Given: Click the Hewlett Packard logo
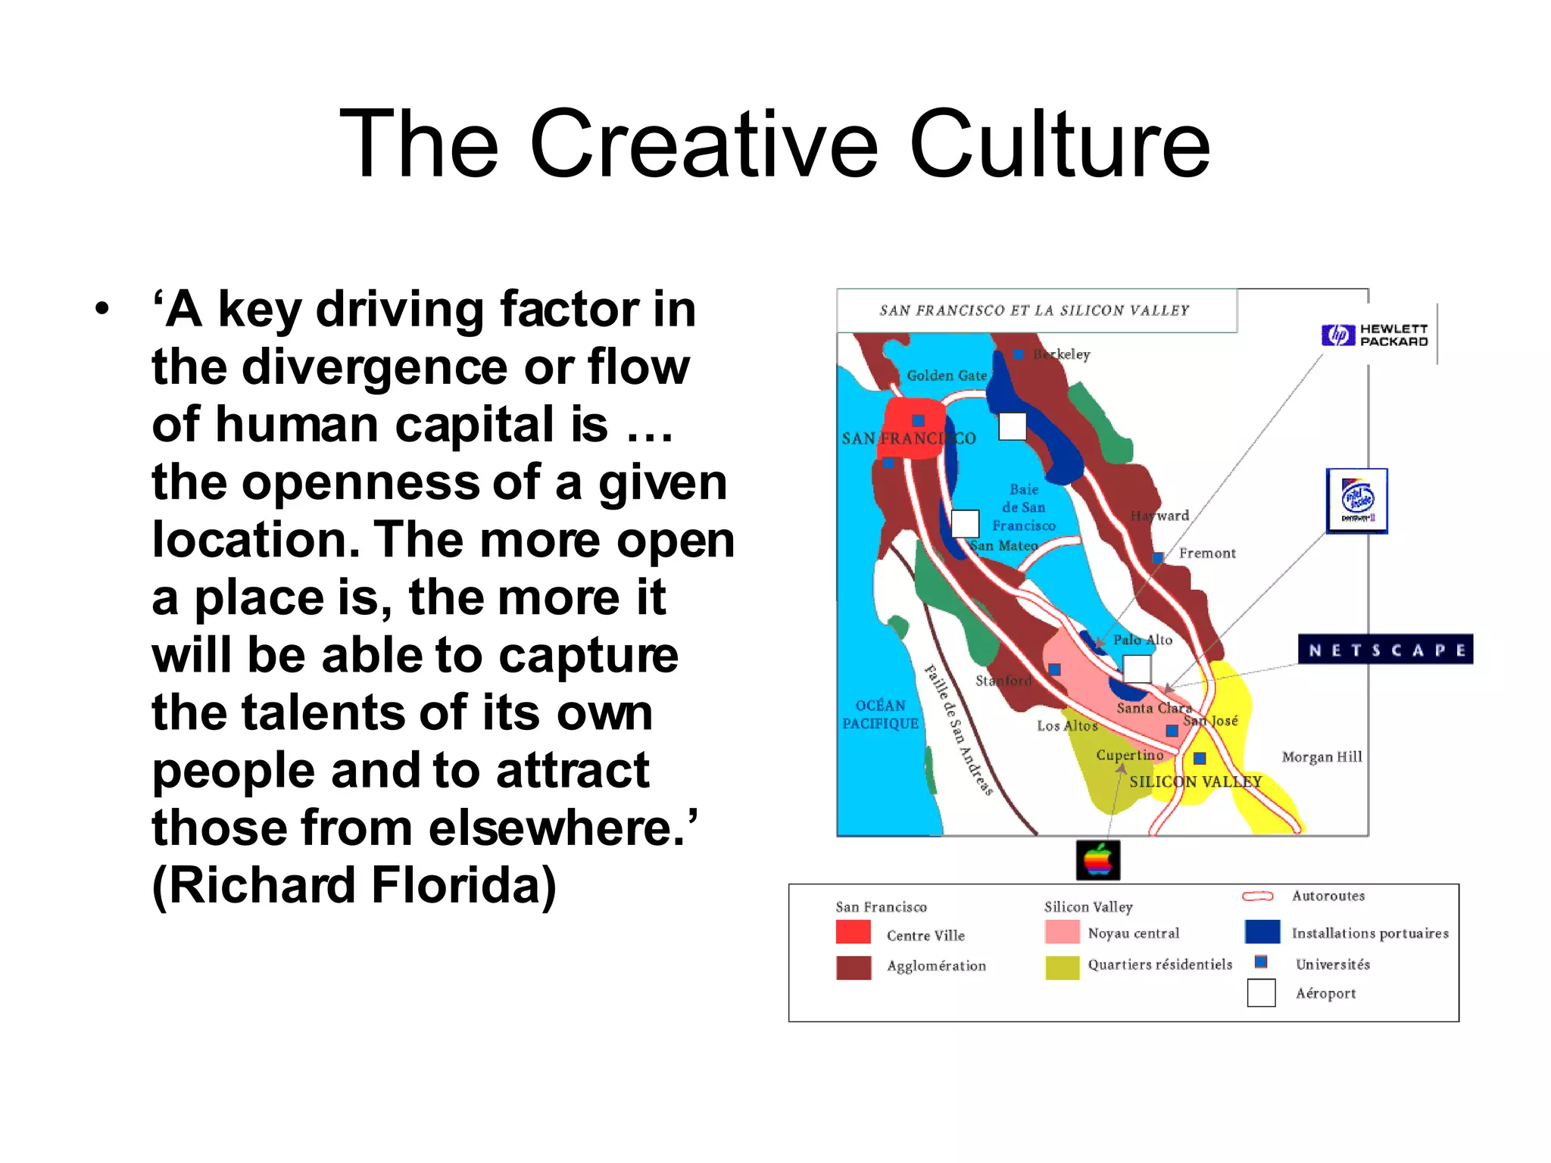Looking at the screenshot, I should point(1375,335).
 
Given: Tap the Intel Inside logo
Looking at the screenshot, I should point(1356,500).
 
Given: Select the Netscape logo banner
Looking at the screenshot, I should point(1385,650).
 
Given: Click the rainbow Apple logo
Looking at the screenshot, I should point(1097,861).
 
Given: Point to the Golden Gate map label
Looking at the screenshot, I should point(947,376).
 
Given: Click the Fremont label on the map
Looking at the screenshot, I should point(1206,553).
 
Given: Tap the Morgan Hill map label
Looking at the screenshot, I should point(1322,757).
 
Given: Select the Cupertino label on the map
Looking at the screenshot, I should point(1129,755).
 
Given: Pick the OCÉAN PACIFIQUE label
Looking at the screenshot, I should point(880,715).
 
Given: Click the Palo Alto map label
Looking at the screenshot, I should point(1142,640).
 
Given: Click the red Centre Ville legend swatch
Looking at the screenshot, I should point(853,932).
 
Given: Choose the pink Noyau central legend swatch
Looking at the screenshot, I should point(1061,932).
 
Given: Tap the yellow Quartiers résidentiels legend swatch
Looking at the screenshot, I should point(1062,967).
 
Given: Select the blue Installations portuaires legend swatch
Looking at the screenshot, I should point(1262,932).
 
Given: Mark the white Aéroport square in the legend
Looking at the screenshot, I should point(1261,993).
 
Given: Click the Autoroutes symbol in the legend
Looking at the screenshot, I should point(1257,896).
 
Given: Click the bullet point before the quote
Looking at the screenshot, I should point(102,310).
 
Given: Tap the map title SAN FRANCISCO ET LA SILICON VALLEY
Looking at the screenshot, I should point(1035,310).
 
